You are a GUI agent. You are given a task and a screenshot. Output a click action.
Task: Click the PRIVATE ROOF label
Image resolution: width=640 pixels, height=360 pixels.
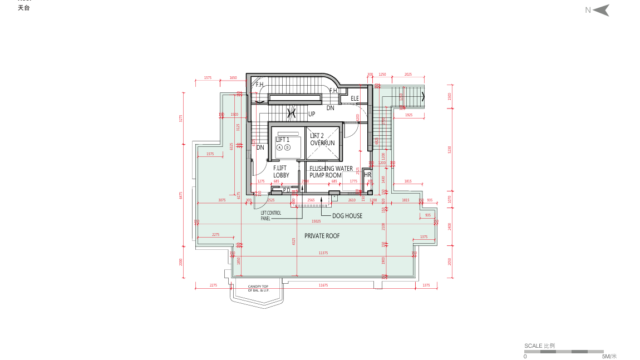[322, 238]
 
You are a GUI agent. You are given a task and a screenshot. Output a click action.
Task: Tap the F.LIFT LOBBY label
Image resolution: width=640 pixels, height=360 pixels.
[282, 172]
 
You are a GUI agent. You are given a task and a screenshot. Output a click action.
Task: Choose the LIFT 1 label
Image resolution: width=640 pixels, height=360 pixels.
[282, 140]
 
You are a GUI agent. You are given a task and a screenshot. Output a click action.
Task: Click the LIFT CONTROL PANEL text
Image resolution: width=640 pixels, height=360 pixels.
[272, 215]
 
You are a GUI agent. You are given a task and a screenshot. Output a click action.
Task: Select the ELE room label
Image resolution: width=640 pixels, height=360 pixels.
[355, 98]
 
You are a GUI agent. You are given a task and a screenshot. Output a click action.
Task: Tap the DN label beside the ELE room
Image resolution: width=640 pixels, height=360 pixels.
[330, 106]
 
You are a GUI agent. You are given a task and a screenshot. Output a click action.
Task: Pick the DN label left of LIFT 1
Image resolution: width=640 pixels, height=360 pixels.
[260, 148]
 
